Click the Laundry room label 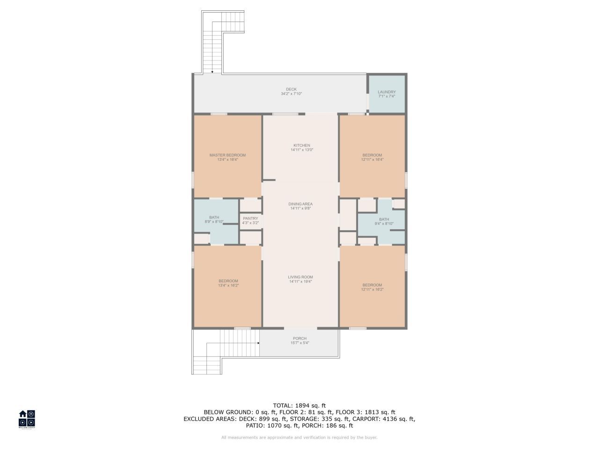tap(387, 92)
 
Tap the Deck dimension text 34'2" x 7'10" tap(291, 94)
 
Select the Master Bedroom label tap(227, 155)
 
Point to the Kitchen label tap(301, 145)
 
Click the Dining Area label tap(300, 204)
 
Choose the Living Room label tap(300, 277)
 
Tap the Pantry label tap(250, 218)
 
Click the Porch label tap(299, 338)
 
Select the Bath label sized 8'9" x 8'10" tap(214, 217)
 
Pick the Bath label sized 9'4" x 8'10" tap(384, 219)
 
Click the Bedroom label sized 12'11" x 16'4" tap(372, 155)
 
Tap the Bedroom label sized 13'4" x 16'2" tap(228, 281)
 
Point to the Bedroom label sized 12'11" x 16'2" tap(372, 285)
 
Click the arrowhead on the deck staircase tap(212, 72)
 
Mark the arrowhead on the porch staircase tap(258, 343)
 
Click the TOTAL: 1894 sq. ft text tap(299, 405)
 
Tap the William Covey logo tap(27, 419)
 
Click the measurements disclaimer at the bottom tap(299, 437)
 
